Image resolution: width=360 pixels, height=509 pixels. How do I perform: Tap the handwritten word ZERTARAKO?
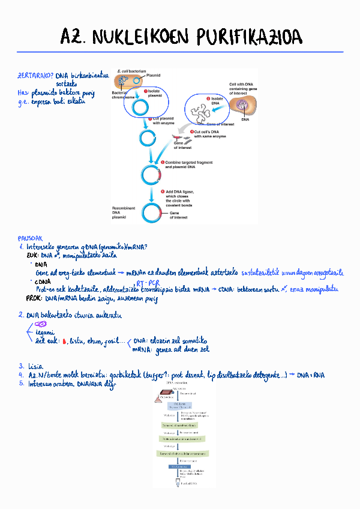point(35,76)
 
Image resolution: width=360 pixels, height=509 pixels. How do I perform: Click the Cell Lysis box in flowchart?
point(179,405)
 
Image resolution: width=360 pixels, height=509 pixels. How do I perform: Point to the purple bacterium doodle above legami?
point(41,324)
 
